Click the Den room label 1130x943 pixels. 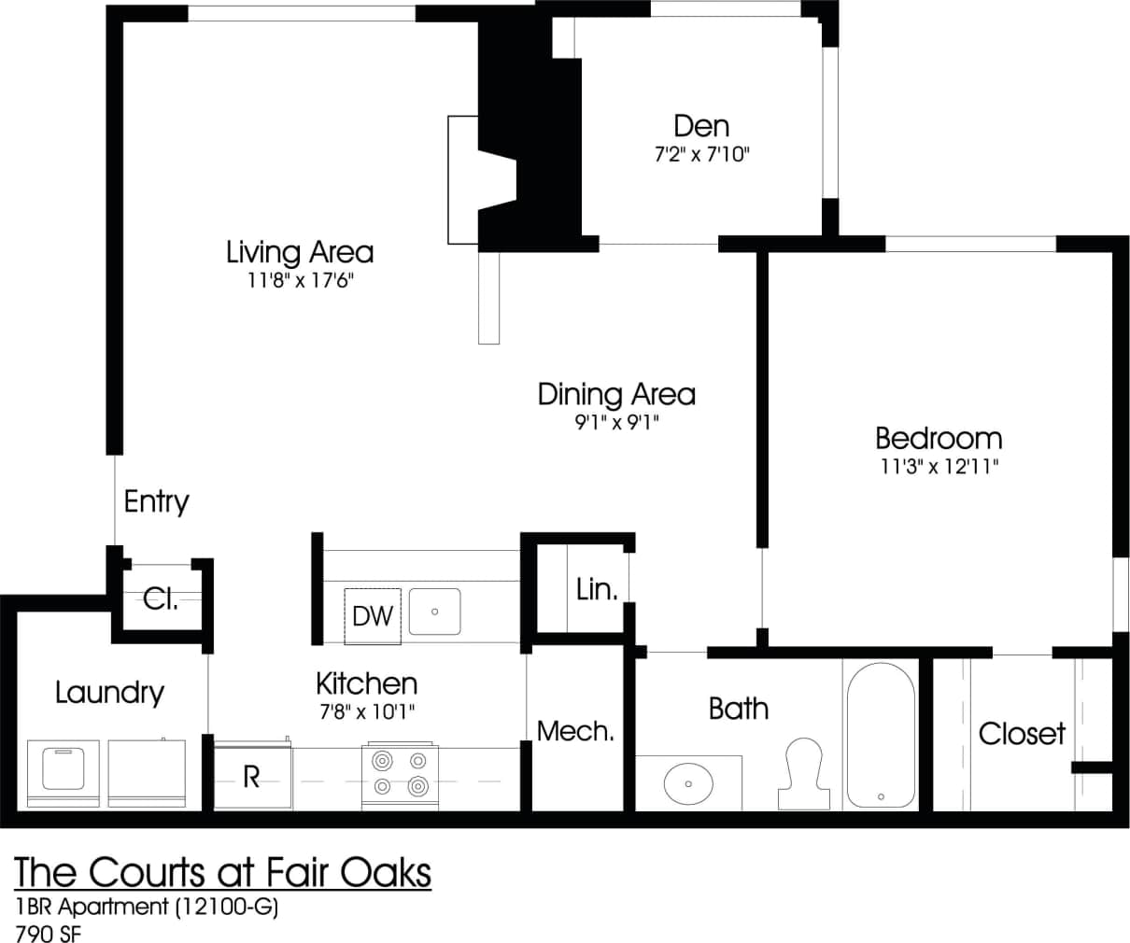[701, 126]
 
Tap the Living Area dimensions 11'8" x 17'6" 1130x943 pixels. [300, 280]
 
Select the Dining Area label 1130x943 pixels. [616, 394]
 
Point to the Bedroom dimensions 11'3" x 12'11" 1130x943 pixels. [938, 466]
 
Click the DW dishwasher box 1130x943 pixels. [373, 616]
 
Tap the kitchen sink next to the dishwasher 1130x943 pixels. [434, 612]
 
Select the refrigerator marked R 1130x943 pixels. [251, 777]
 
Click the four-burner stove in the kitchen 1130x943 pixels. [401, 774]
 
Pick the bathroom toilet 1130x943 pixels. [803, 774]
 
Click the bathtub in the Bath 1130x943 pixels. [880, 737]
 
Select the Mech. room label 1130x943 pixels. [575, 731]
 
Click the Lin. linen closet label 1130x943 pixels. [597, 589]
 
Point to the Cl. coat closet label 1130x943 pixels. [161, 598]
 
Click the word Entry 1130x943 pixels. [156, 502]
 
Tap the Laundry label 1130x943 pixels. [109, 693]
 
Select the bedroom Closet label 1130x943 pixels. [1021, 734]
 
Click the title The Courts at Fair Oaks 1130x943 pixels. [223, 872]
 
